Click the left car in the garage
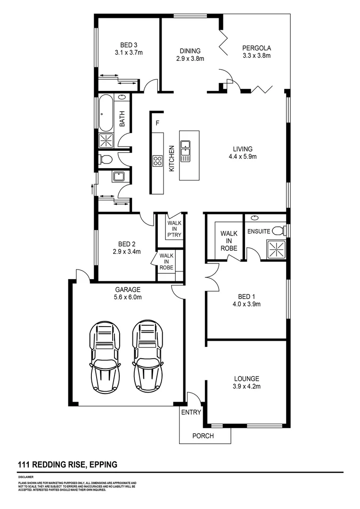[x=105, y=353]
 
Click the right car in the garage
[x=147, y=353]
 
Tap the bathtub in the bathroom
[x=106, y=113]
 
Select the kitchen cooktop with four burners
[x=157, y=161]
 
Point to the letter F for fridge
[x=157, y=123]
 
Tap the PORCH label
[x=203, y=436]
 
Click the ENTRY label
[x=191, y=412]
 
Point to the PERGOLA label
[x=257, y=48]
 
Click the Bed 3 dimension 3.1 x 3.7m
[x=128, y=53]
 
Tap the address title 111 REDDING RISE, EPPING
[x=67, y=465]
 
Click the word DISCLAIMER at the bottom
[x=26, y=477]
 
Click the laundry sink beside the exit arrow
[x=117, y=177]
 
